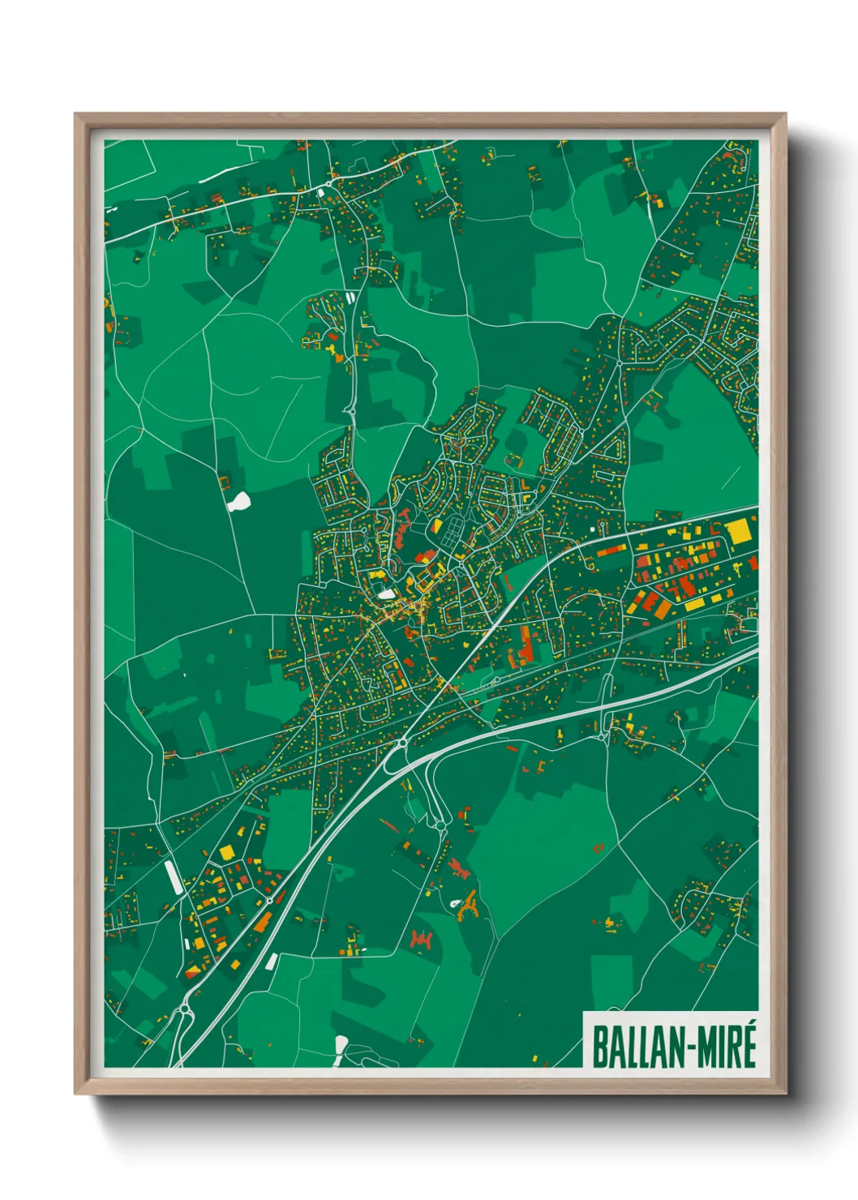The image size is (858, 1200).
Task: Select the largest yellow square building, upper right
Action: [738, 532]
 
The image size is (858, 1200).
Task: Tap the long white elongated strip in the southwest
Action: [174, 876]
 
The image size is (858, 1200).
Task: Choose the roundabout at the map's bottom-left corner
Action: [185, 1009]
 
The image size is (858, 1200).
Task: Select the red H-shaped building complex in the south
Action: [419, 940]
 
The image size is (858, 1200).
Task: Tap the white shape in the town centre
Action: [387, 594]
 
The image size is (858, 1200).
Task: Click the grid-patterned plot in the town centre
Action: [450, 534]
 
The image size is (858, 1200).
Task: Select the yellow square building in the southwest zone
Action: [226, 852]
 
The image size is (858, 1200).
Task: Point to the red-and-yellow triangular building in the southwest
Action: [192, 971]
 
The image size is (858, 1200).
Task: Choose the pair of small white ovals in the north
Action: [350, 298]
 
